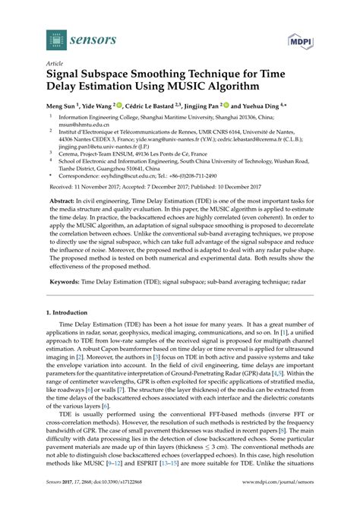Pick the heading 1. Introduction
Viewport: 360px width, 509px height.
click(71, 313)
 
